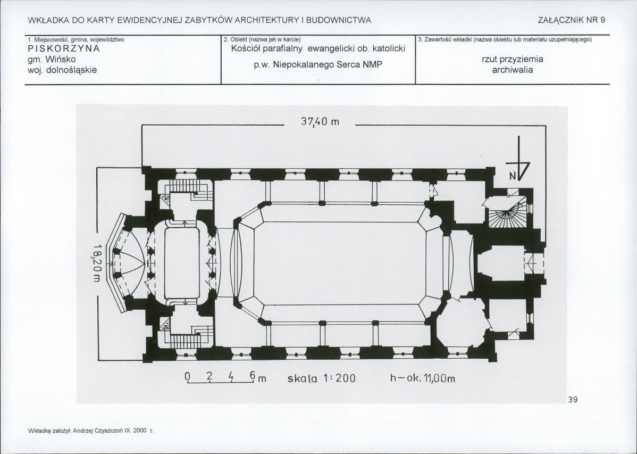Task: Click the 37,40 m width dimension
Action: pos(320,122)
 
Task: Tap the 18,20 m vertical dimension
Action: pos(96,263)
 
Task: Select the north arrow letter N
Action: pos(513,176)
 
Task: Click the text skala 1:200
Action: pos(321,379)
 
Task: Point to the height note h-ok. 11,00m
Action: pos(423,379)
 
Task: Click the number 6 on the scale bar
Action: pos(253,375)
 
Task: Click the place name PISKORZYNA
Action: pos(64,48)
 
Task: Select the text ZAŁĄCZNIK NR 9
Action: pos(572,20)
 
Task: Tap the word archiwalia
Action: pos(513,70)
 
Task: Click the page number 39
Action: pos(573,400)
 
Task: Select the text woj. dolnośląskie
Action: pos(62,70)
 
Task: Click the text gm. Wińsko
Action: pos(52,60)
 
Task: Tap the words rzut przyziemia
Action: pos(513,60)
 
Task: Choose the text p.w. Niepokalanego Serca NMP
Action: pos(318,65)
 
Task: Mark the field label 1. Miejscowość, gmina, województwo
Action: pos(76,40)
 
